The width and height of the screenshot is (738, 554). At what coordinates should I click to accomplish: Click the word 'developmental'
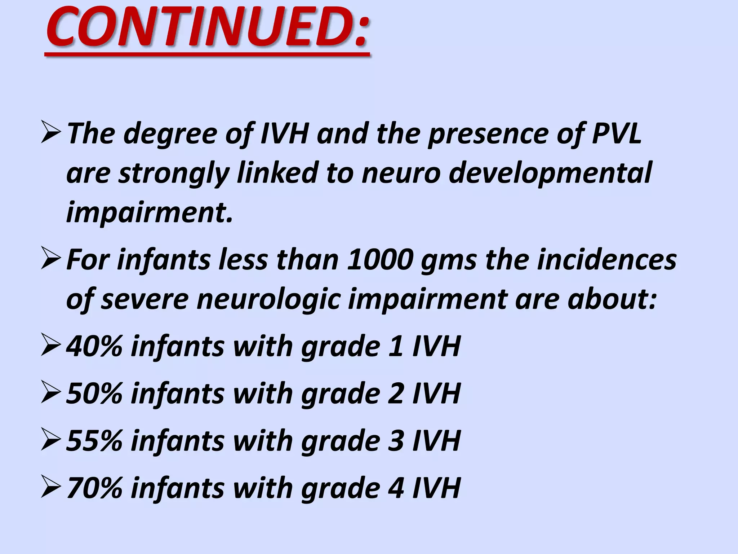point(550,173)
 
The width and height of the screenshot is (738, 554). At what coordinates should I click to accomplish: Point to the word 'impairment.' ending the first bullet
point(150,212)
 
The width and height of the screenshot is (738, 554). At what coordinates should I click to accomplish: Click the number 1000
point(379,260)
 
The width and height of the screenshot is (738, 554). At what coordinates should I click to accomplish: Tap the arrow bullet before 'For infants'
point(50,258)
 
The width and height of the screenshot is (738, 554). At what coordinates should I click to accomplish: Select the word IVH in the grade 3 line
point(436,440)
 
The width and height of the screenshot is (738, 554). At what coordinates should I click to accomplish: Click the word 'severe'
point(145,300)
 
